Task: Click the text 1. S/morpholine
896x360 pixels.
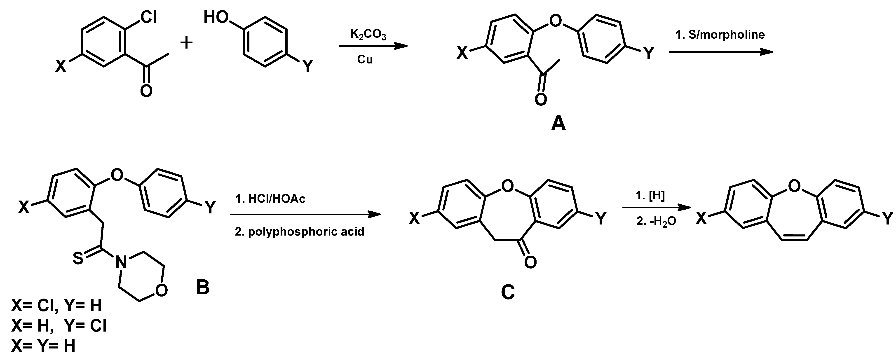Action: (720, 35)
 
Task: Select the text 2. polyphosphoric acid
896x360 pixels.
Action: (300, 232)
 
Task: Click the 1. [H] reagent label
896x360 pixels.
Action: (650, 196)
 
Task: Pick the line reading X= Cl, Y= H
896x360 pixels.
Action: (56, 305)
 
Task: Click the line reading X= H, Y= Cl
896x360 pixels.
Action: (59, 326)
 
